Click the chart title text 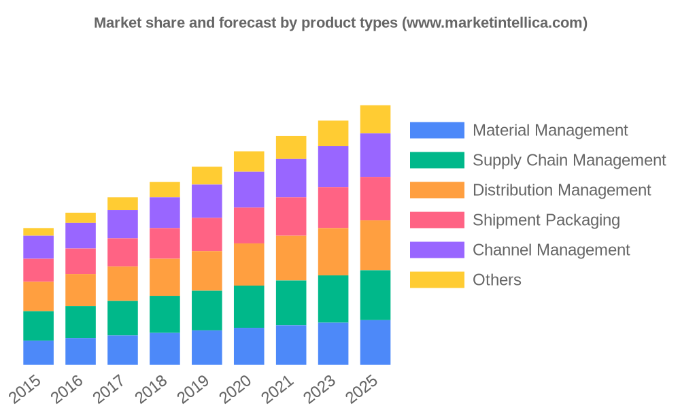point(340,22)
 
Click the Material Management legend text point(549,130)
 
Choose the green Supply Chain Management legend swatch point(437,160)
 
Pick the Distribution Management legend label point(561,190)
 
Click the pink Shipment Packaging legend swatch point(437,220)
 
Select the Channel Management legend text point(551,250)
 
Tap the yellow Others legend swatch point(437,279)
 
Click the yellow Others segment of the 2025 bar point(375,119)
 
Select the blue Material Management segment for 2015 point(38,353)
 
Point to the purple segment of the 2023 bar point(333,167)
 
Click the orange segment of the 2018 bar point(165,277)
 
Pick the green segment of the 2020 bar point(249,306)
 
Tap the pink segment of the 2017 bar point(122,252)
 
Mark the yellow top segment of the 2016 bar point(80,218)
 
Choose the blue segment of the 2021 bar point(291,345)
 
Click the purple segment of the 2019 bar point(207,201)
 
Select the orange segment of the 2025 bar point(375,245)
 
